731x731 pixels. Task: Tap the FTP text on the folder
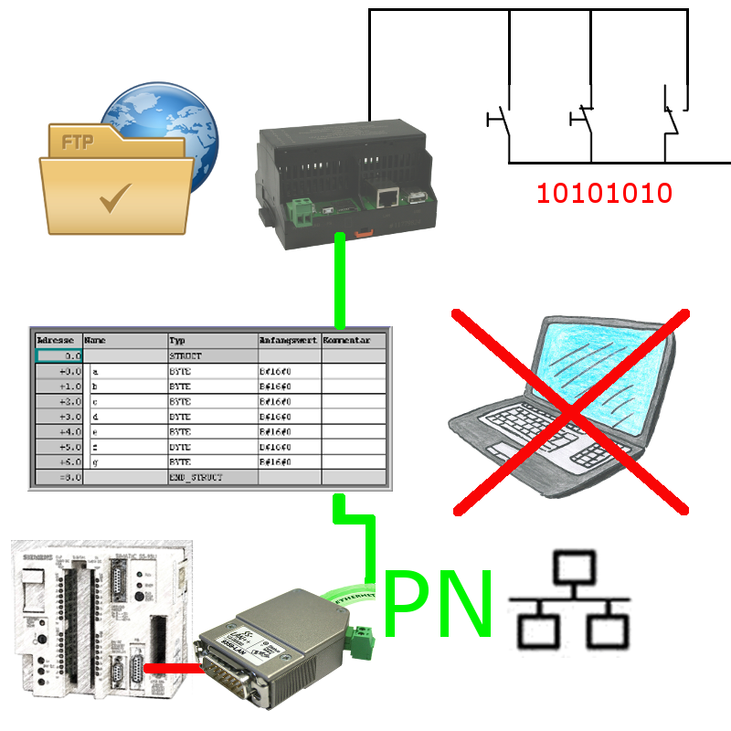pos(79,143)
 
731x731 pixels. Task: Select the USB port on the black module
pos(415,198)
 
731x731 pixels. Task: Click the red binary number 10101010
pos(605,193)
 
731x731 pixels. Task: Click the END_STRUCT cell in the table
pos(196,477)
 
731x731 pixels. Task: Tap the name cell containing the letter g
pos(96,463)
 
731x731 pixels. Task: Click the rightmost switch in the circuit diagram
pos(672,119)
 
